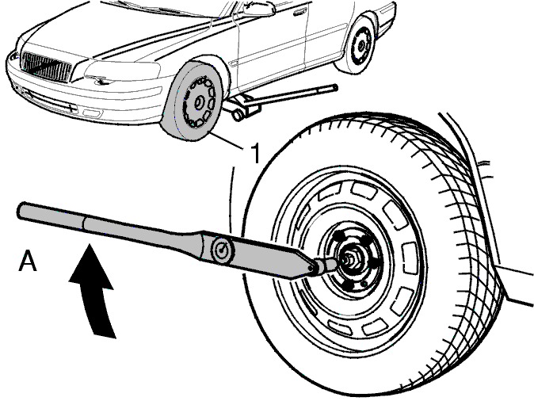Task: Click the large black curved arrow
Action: pyautogui.click(x=93, y=289)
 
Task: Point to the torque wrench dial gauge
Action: pyautogui.click(x=223, y=250)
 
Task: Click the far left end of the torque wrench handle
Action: pyautogui.click(x=19, y=210)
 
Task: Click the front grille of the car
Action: pyautogui.click(x=46, y=66)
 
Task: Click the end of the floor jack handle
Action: pyautogui.click(x=335, y=87)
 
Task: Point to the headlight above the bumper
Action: pyautogui.click(x=123, y=70)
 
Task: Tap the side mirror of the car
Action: pyautogui.click(x=259, y=9)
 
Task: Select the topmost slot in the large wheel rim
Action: pyautogui.click(x=363, y=189)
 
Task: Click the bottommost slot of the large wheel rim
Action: pyautogui.click(x=375, y=327)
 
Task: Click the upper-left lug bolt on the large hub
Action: pyautogui.click(x=338, y=235)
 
